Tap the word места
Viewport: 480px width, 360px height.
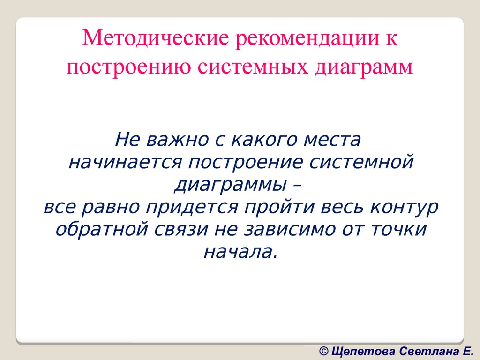333,140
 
